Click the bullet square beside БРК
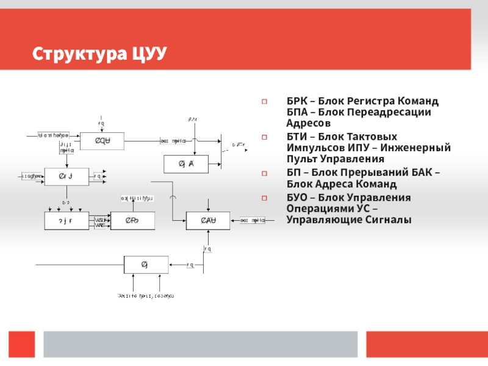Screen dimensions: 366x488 pyautogui.click(x=264, y=101)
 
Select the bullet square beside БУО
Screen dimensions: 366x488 pyautogui.click(x=264, y=198)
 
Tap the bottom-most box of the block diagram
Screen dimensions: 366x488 pyautogui.click(x=146, y=265)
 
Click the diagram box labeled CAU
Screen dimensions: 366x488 pyautogui.click(x=208, y=221)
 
